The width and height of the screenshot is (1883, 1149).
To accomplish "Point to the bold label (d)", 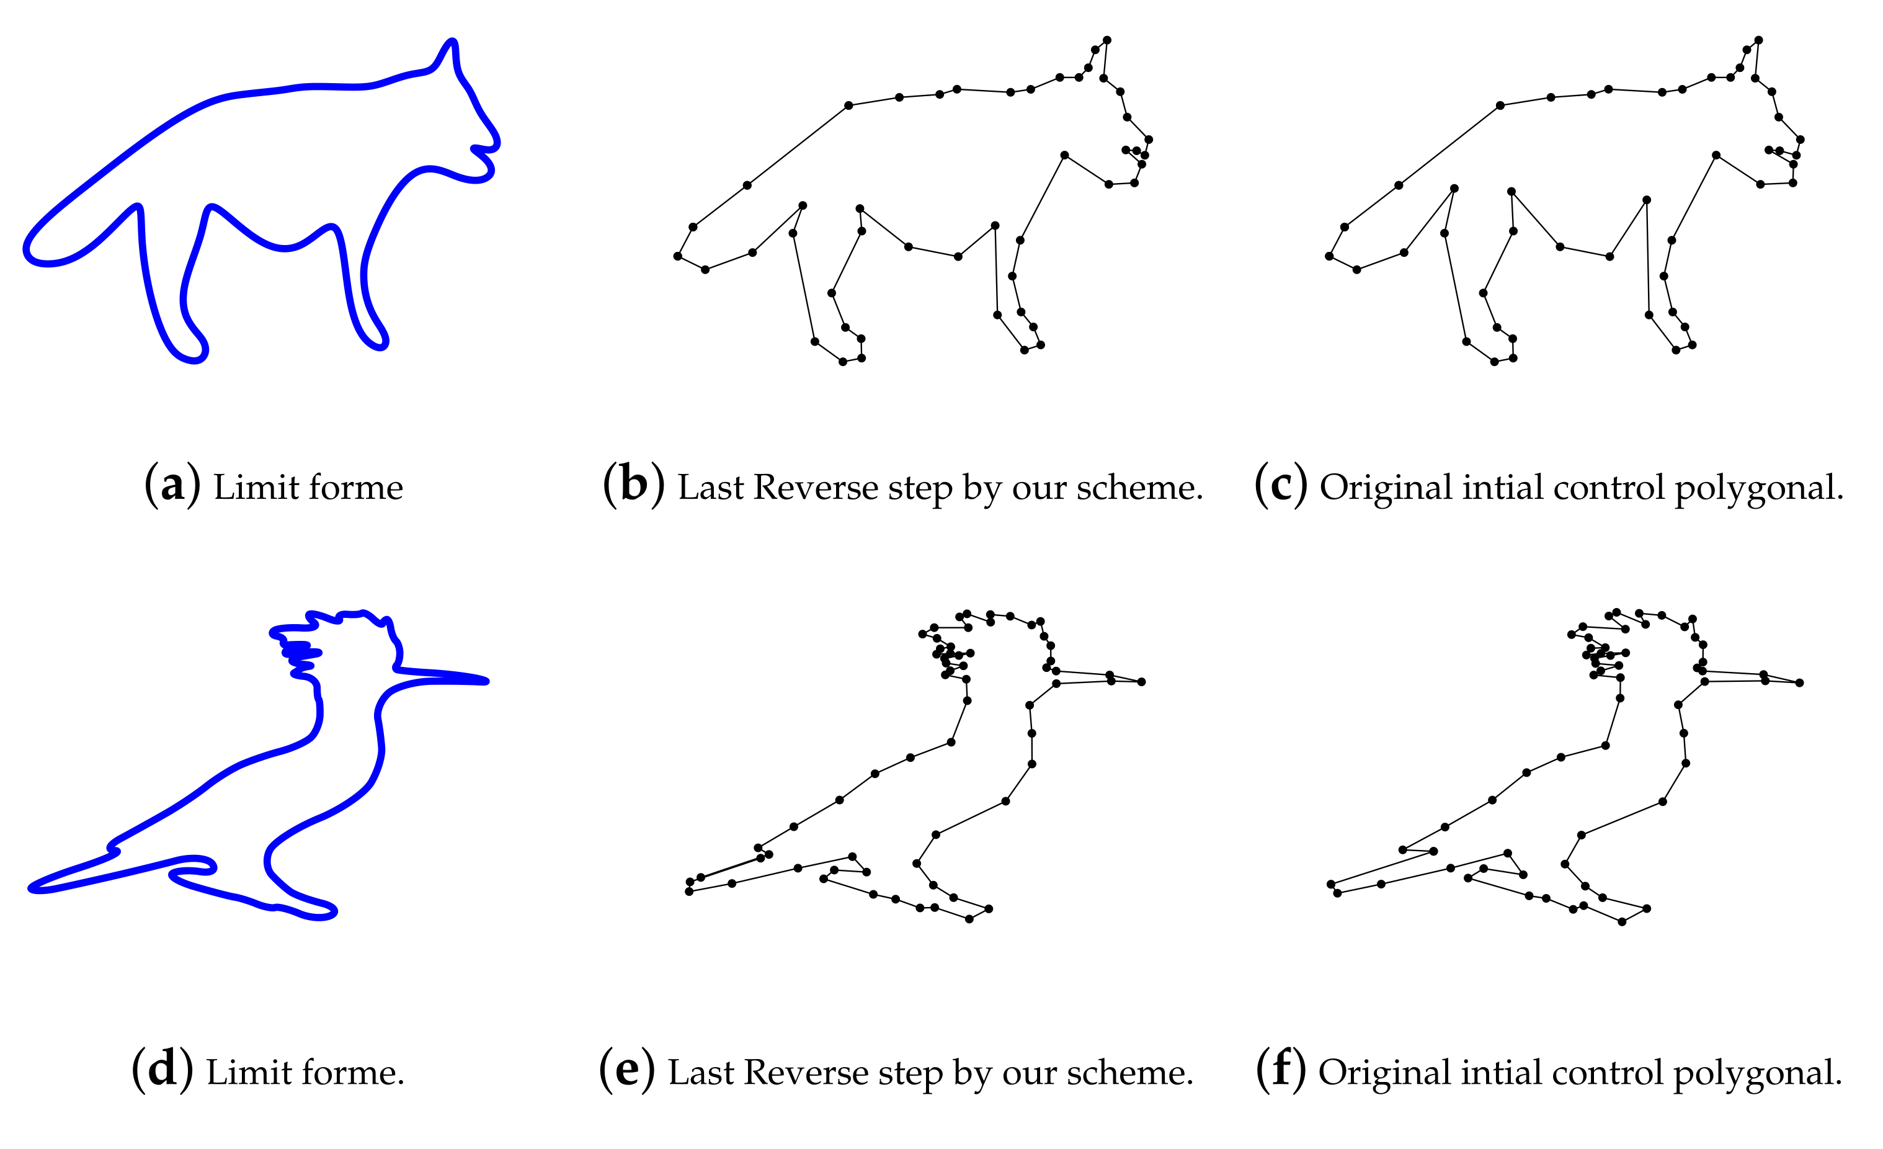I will tap(162, 1070).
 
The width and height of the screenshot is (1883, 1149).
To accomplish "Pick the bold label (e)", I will tap(626, 1070).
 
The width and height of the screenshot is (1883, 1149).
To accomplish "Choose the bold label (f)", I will tap(1281, 1070).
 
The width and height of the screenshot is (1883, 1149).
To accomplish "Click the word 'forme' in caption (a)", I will tap(356, 487).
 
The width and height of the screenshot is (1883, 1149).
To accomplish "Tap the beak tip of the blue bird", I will tap(486, 681).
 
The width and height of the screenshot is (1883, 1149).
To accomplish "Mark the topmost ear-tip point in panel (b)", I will tap(1106, 40).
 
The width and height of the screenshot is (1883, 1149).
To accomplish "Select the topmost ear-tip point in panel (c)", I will tap(1758, 40).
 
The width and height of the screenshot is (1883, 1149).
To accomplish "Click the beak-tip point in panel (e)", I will tap(1141, 682).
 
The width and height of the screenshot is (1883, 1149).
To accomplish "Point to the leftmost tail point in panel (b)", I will tap(678, 256).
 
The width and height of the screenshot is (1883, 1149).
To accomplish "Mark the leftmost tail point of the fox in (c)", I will tap(1330, 256).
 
